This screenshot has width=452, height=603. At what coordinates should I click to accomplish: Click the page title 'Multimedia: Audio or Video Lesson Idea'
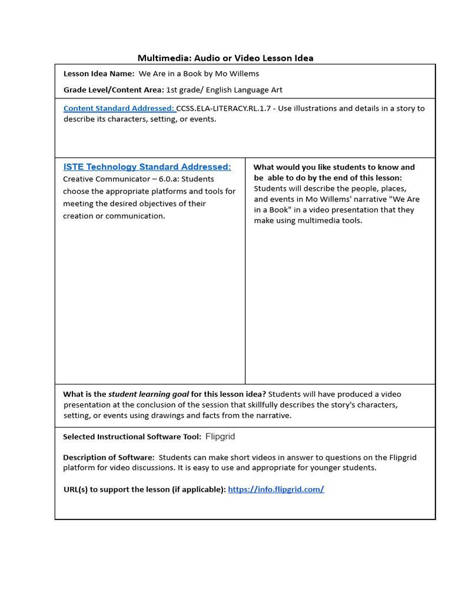[x=225, y=58]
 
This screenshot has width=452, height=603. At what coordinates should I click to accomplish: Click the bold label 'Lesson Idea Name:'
[x=99, y=74]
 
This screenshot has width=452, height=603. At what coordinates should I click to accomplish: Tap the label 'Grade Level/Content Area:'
[x=114, y=90]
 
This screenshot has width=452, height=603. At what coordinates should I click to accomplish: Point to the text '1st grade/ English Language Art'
[x=224, y=90]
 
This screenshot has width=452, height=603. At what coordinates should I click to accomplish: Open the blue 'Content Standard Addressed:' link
[x=119, y=108]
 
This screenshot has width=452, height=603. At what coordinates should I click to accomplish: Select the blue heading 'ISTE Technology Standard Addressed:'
[x=147, y=167]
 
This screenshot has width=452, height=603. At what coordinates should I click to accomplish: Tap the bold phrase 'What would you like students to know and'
[x=334, y=167]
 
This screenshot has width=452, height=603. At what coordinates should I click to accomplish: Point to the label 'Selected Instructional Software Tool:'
[x=132, y=437]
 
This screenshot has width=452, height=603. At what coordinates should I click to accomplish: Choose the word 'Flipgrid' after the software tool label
[x=220, y=437]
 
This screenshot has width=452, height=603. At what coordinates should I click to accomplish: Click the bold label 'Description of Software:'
[x=109, y=458]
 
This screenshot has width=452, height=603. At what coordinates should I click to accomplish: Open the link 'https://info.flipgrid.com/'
[x=275, y=489]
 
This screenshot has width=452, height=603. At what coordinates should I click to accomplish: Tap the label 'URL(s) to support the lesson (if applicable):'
[x=144, y=489]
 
